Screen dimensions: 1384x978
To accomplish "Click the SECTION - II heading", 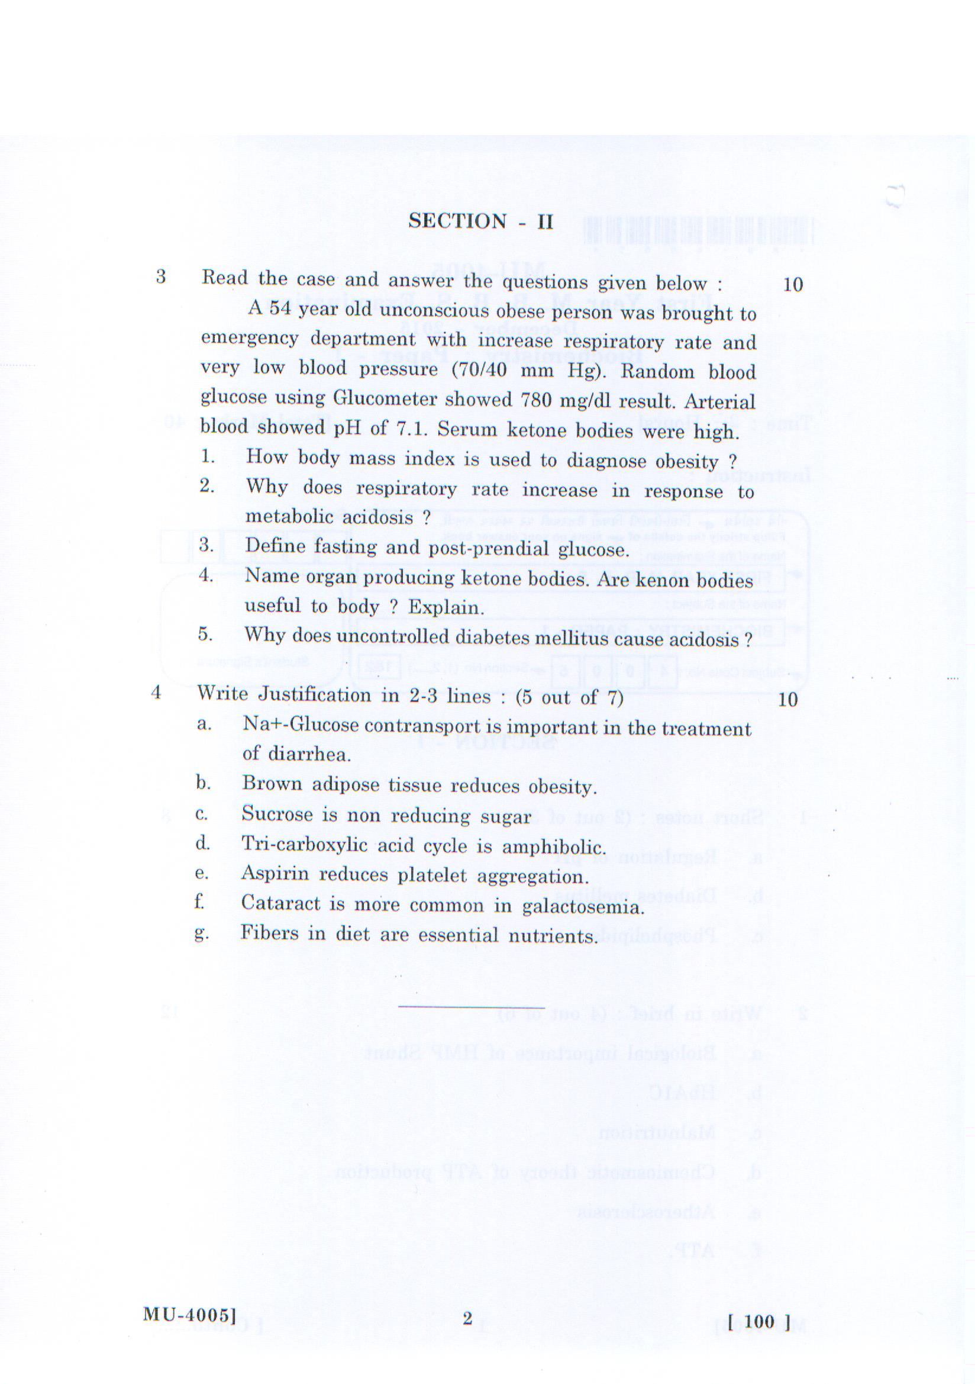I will [x=480, y=221].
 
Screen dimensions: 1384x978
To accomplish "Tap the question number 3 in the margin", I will [x=161, y=276].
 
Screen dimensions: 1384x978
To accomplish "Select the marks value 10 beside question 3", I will [x=792, y=285].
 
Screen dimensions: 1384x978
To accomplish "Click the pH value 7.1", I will [x=410, y=429].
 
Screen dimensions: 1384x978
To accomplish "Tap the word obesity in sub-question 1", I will [x=687, y=462].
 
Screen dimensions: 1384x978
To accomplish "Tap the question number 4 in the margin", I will [x=156, y=693].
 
